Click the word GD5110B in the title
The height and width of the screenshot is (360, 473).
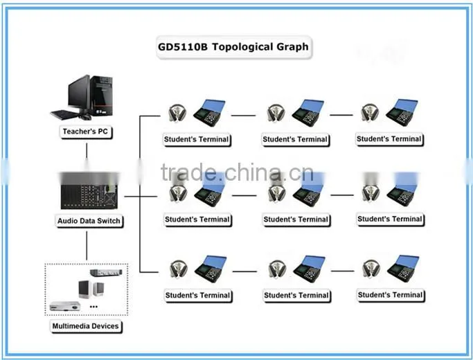183,47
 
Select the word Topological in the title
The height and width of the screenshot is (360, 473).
242,47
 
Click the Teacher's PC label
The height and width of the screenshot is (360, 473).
85,132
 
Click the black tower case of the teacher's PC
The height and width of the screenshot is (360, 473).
102,96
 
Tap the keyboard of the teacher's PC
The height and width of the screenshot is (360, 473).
64,114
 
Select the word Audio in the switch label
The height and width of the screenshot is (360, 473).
66,221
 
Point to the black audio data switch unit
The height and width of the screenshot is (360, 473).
89,196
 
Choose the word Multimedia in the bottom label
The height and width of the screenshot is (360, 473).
70,326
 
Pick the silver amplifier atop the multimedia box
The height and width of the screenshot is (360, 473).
106,273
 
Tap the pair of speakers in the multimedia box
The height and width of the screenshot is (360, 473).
91,289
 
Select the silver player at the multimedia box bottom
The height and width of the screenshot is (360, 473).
65,306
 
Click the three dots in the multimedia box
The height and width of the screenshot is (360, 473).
93,307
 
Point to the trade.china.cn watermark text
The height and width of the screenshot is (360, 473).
237,172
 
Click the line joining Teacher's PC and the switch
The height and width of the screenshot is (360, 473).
87,150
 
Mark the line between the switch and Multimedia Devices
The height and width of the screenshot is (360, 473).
87,246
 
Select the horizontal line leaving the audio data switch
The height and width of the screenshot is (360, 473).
141,197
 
